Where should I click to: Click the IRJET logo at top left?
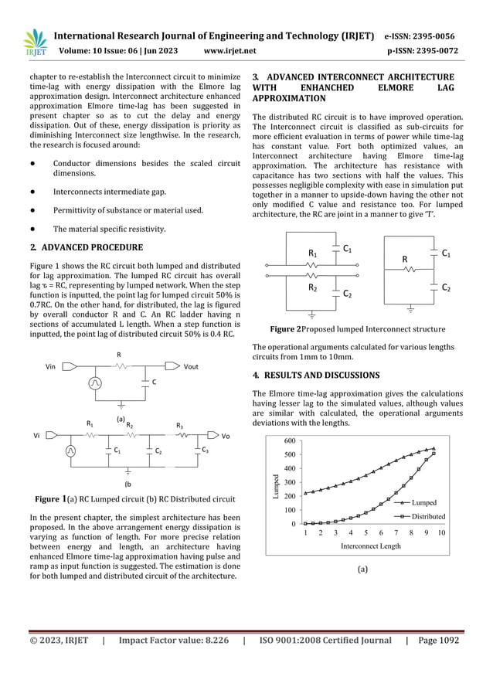click(x=34, y=42)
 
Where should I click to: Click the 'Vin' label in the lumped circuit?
click(x=51, y=366)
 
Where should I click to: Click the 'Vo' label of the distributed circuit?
click(x=226, y=436)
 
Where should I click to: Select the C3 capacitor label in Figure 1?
click(x=205, y=450)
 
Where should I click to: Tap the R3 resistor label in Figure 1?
click(x=180, y=426)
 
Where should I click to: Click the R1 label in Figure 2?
click(x=313, y=253)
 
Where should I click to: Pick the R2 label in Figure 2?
click(x=313, y=287)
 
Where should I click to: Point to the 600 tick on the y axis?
click(x=289, y=440)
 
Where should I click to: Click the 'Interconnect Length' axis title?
click(x=371, y=546)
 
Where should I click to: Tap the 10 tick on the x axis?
click(x=440, y=533)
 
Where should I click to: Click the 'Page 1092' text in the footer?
click(x=438, y=641)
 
